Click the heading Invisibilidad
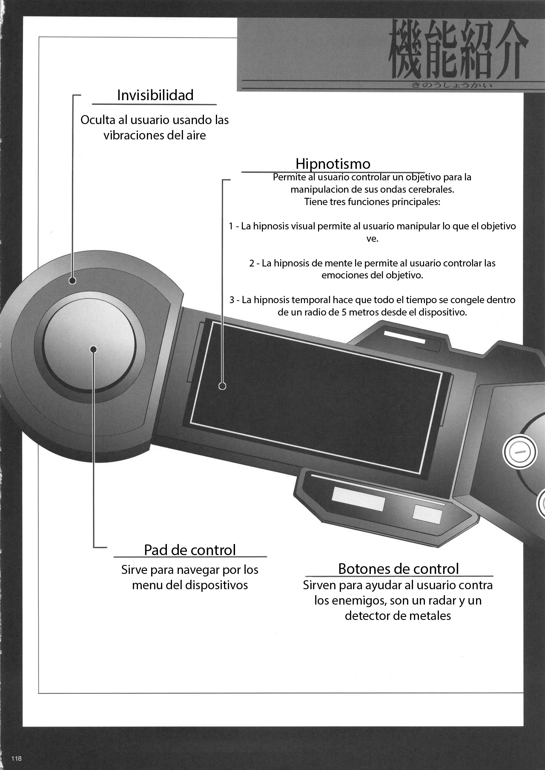click(155, 95)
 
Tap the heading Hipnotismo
click(333, 164)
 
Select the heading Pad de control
click(189, 550)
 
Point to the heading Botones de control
click(398, 568)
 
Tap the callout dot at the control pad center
click(94, 349)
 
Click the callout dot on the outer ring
click(72, 280)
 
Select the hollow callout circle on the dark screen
click(222, 386)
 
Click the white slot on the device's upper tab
click(404, 334)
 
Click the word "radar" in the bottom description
click(436, 601)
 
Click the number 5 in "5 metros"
click(344, 312)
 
